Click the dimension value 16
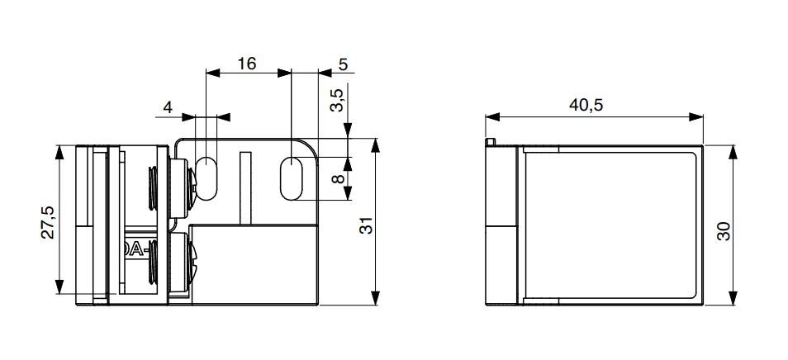coord(247,64)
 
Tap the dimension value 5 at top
coord(344,64)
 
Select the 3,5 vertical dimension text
coord(337,100)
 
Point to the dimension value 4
coord(168,107)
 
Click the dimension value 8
coord(338,178)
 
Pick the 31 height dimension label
coord(367,225)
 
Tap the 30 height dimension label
coord(724,231)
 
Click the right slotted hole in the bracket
coord(292,178)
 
